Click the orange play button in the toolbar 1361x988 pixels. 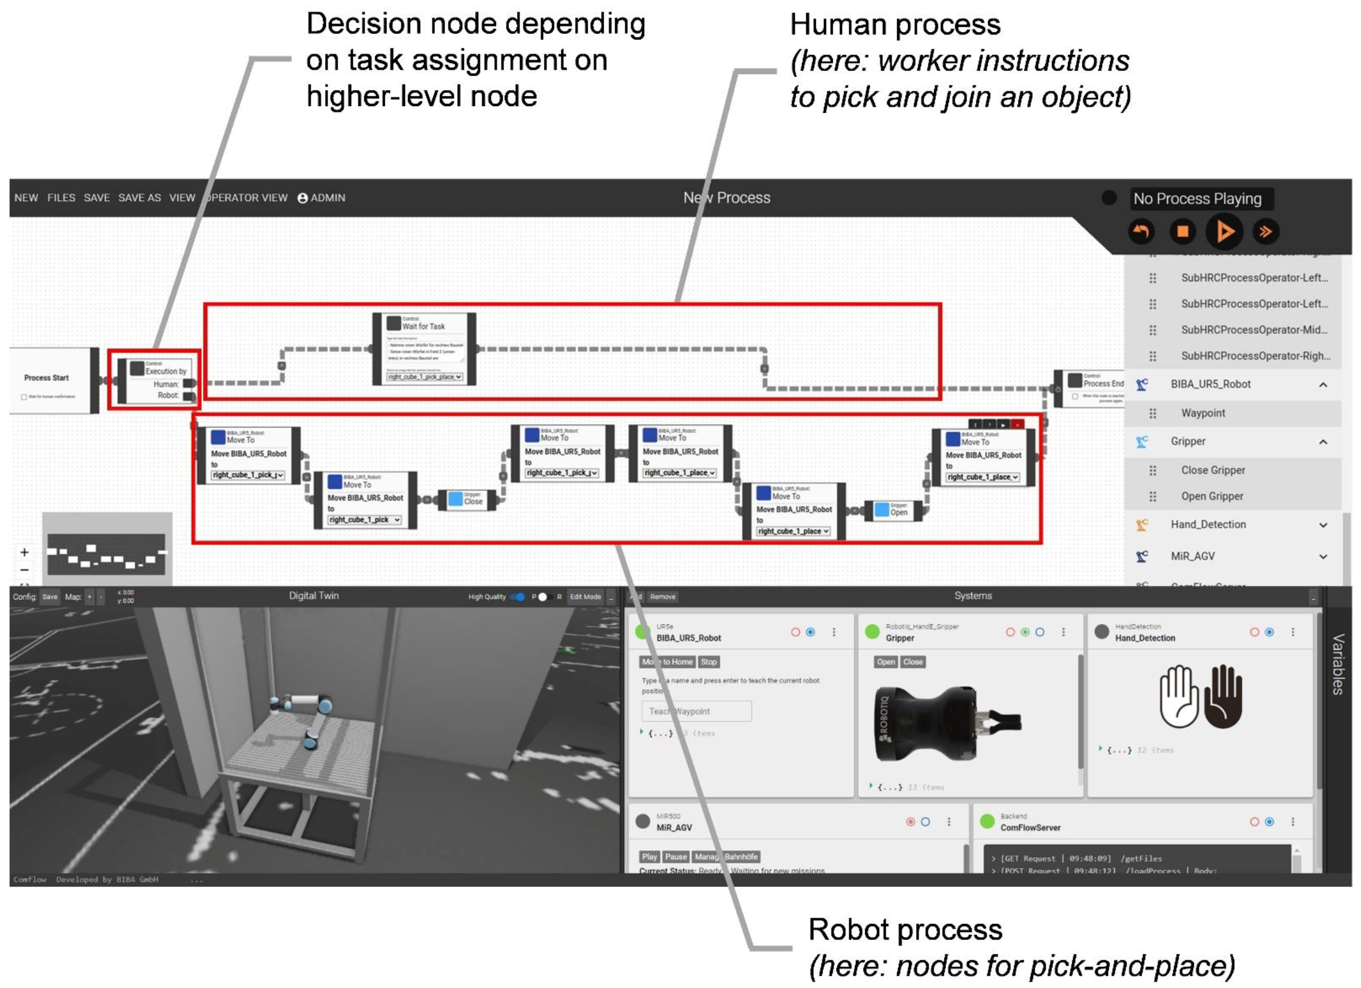(x=1224, y=232)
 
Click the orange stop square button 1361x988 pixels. (x=1182, y=232)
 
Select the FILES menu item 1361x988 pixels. (x=61, y=198)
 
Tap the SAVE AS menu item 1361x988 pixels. (x=139, y=198)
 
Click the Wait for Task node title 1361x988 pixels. (x=423, y=326)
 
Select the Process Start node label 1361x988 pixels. (x=46, y=377)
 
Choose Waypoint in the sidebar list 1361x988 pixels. (x=1203, y=413)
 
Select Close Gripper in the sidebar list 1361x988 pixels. (x=1213, y=470)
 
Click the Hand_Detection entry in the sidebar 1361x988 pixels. (x=1208, y=524)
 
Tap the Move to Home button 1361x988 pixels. (x=668, y=662)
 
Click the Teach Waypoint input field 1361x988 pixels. (x=697, y=711)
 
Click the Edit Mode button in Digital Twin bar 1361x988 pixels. (x=585, y=596)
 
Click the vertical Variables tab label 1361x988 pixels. (x=1338, y=664)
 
